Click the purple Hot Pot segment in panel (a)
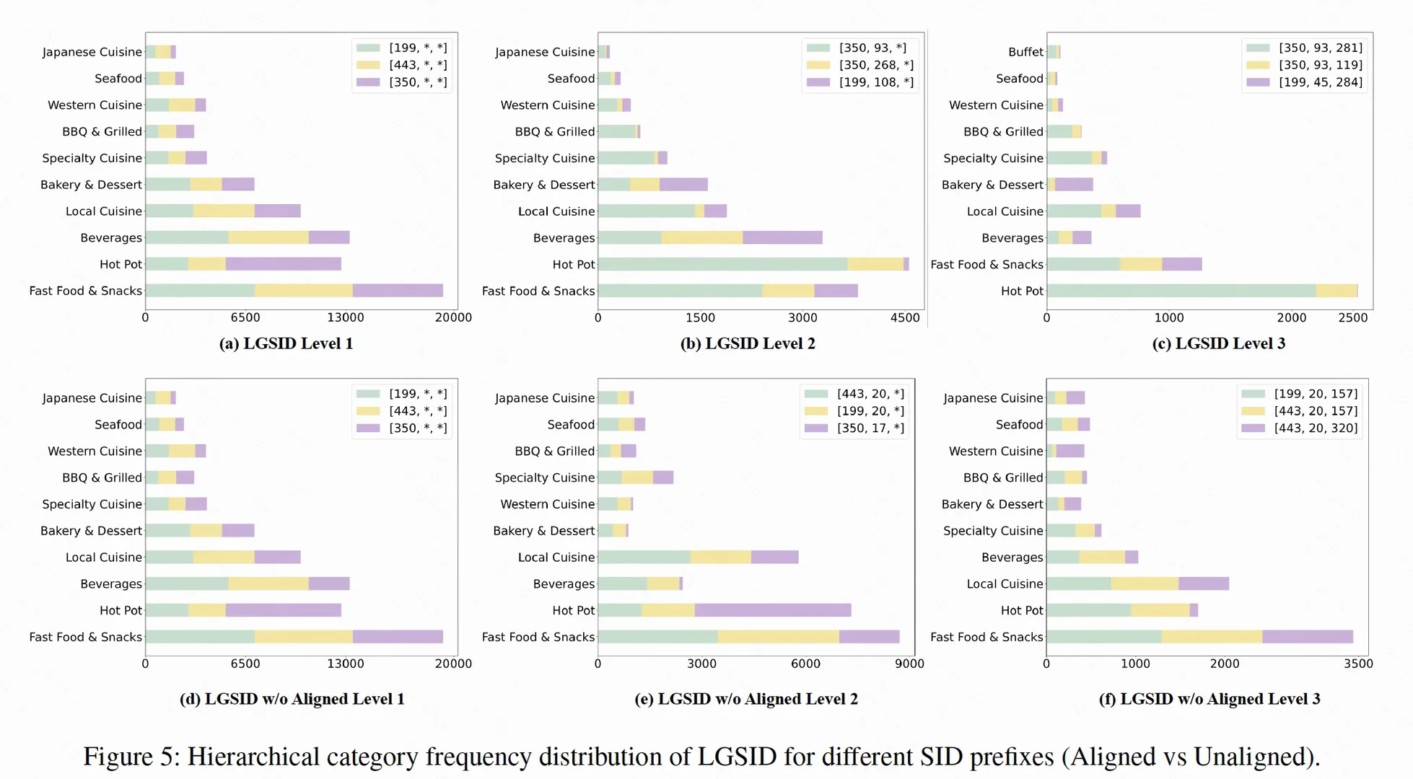283,264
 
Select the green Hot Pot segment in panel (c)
1181,291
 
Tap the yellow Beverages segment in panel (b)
702,237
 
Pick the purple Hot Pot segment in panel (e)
773,610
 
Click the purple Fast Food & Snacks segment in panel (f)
1308,637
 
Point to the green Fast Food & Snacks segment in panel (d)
200,637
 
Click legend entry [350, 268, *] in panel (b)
860,65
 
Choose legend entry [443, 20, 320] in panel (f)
1300,428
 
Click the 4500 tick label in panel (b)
905,317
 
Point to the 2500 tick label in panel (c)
1352,317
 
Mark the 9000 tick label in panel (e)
909,664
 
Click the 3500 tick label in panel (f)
1358,664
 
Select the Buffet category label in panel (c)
1025,52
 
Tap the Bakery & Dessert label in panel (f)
992,504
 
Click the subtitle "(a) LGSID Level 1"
286,343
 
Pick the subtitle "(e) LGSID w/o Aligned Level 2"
746,699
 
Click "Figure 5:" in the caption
130,757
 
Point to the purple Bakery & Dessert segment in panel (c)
1074,185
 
